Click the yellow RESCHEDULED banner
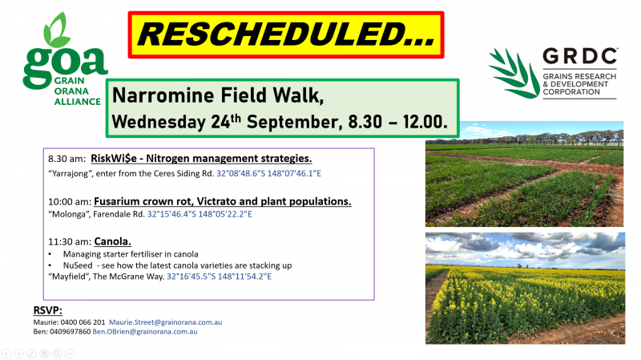[286, 34]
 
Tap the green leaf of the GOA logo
[56, 30]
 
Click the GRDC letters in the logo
[580, 56]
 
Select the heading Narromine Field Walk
[218, 95]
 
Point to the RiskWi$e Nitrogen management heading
[201, 158]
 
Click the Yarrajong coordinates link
[268, 173]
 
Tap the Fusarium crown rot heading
[223, 201]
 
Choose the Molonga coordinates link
[200, 214]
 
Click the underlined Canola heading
[112, 241]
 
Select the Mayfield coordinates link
[219, 277]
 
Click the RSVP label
[48, 310]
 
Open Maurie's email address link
[166, 322]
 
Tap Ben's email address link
[145, 332]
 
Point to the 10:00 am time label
[70, 202]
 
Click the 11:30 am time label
[70, 242]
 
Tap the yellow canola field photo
[525, 288]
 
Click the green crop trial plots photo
[525, 174]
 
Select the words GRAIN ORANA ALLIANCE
[77, 91]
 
